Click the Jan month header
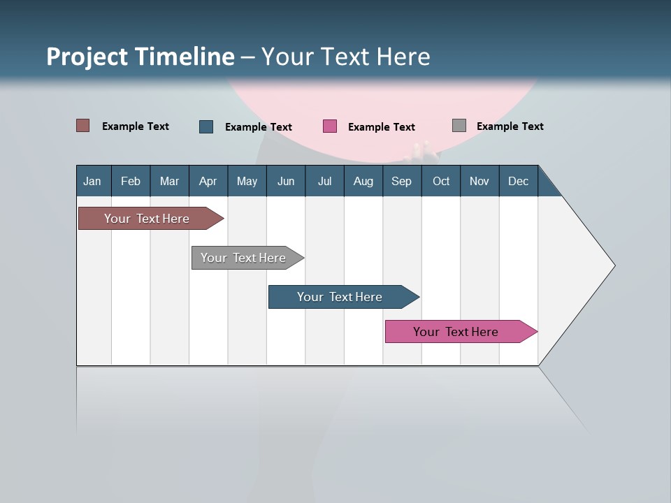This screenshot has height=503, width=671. pos(92,181)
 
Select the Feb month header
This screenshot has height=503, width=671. pos(131,181)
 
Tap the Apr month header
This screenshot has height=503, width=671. pos(208,181)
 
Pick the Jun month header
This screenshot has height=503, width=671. pos(286,181)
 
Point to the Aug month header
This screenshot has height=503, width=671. pos(363,181)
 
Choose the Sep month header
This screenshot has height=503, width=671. pos(401,181)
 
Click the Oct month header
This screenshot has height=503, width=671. pos(441,181)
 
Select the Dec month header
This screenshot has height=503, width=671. pos(518,181)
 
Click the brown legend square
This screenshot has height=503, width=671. pos(83,126)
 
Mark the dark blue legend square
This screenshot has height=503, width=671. pos(206,126)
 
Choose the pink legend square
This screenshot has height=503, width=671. pos(330,126)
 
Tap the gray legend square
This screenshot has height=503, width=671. pos(459,126)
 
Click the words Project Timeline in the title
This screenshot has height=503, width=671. pos(140,57)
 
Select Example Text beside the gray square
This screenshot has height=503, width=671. pos(510,126)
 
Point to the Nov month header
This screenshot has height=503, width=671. pos(479,181)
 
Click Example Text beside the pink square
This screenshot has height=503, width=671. pos(381,127)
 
